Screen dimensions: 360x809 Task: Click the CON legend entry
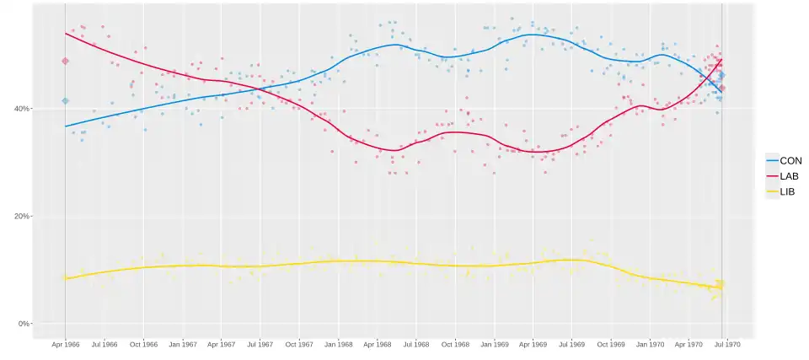pos(790,160)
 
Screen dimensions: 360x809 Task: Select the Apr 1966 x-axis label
pos(65,345)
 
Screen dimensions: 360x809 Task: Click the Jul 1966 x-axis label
pos(104,345)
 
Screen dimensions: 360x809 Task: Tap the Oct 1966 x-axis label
pos(143,345)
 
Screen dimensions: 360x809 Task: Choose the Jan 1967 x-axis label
pos(183,345)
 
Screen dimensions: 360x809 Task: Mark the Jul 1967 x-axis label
pos(260,345)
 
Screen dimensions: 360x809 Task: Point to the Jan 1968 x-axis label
pos(339,345)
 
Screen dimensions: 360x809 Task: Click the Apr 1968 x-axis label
pos(378,345)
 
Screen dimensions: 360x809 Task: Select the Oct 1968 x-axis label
pos(455,345)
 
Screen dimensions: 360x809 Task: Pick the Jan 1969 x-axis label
pos(495,345)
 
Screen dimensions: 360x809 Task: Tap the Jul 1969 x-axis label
pos(572,345)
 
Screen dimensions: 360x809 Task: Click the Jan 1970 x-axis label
pos(651,345)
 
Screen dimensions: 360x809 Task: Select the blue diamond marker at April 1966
pos(65,101)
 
